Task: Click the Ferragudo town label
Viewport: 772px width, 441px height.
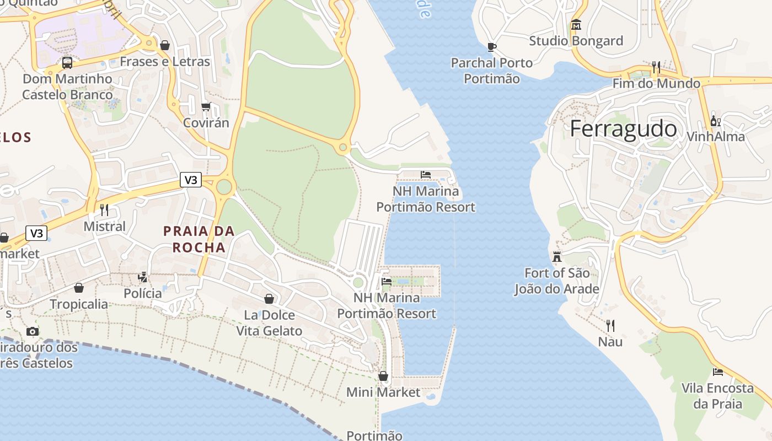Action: coord(623,128)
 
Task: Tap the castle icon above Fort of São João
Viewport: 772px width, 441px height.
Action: coord(557,256)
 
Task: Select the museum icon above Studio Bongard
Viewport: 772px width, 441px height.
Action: coord(576,25)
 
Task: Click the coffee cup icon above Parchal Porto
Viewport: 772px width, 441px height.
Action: coord(492,47)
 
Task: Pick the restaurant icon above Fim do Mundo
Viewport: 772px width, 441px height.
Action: coord(656,67)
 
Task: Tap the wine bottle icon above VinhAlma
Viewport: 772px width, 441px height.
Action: coord(715,121)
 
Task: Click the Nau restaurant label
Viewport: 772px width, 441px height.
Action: coord(610,342)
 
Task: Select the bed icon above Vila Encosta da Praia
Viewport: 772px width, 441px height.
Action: coord(717,372)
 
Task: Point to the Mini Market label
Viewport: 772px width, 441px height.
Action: coord(383,392)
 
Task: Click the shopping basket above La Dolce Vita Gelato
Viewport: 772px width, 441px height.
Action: coord(269,299)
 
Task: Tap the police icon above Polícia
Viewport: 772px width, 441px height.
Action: coord(143,277)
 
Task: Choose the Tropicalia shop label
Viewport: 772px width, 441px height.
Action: coord(79,304)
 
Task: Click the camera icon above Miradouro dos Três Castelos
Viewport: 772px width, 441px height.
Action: coord(33,331)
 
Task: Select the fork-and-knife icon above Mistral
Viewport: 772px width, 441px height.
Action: coord(104,210)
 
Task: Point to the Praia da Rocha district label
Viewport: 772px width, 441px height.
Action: coord(199,239)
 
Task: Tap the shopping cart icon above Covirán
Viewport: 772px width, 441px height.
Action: coord(206,106)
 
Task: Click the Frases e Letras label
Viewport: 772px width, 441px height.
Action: coord(165,61)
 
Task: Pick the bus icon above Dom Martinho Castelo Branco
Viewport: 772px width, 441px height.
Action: coord(67,62)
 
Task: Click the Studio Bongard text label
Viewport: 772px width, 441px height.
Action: coord(576,41)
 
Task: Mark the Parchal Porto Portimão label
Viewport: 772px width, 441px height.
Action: coord(492,71)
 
